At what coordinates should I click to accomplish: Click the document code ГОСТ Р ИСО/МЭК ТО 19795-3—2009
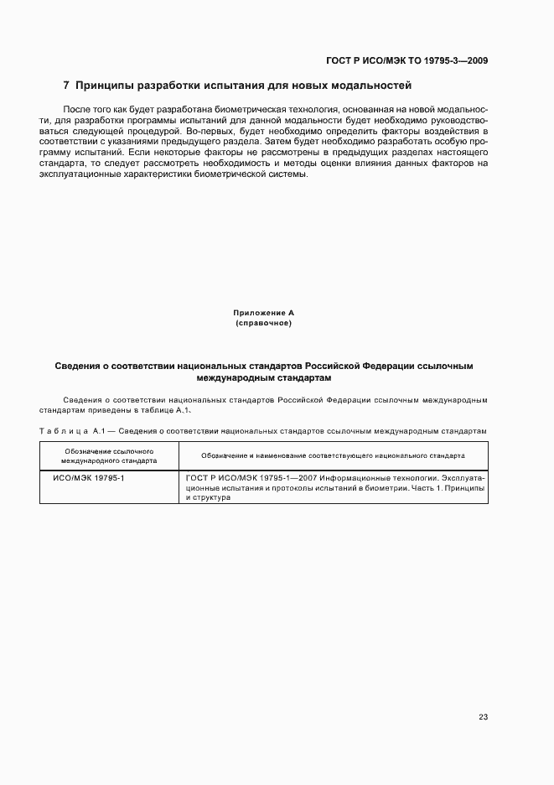pyautogui.click(x=406, y=60)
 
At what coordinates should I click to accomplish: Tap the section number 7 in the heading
pyautogui.click(x=66, y=86)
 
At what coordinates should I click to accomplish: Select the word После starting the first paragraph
pyautogui.click(x=76, y=110)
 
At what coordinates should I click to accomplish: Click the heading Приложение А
pyautogui.click(x=263, y=313)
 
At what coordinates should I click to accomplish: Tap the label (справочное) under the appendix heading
pyautogui.click(x=263, y=323)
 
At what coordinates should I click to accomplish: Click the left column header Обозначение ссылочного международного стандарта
pyautogui.click(x=109, y=456)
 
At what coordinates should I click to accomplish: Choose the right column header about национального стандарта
pyautogui.click(x=333, y=456)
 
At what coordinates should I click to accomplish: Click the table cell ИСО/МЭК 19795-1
pyautogui.click(x=88, y=477)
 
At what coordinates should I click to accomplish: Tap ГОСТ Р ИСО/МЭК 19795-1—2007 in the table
pyautogui.click(x=242, y=477)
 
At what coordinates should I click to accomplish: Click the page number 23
pyautogui.click(x=483, y=717)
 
